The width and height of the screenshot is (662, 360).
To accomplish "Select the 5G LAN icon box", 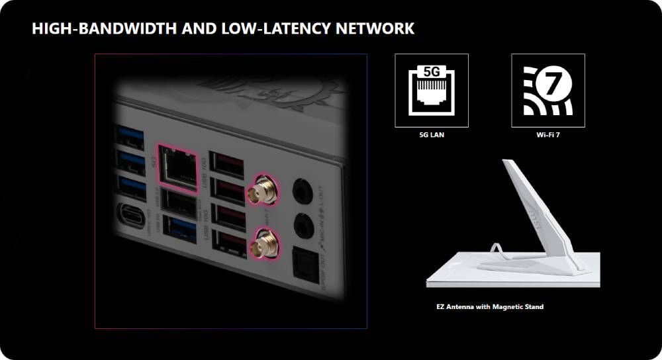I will (432, 90).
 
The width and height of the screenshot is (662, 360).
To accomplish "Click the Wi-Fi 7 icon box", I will (548, 90).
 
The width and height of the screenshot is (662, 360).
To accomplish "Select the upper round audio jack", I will (303, 187).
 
